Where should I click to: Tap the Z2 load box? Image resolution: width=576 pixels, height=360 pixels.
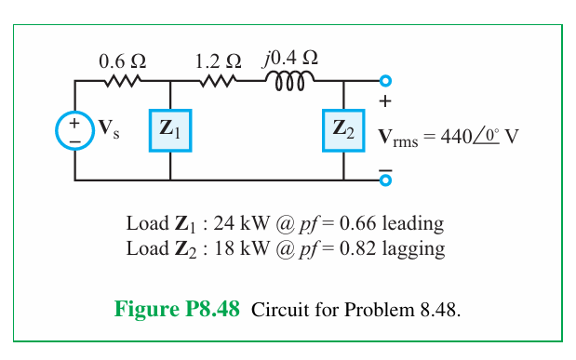click(x=343, y=130)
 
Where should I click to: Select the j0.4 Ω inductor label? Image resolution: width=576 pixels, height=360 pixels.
click(x=291, y=59)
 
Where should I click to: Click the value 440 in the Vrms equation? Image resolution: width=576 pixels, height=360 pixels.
click(x=457, y=136)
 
